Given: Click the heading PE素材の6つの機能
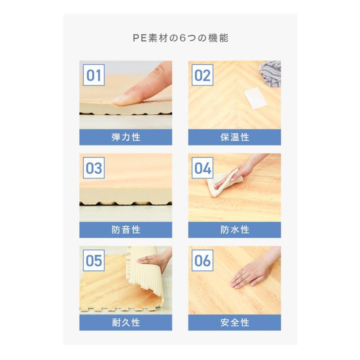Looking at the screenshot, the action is (x=180, y=38).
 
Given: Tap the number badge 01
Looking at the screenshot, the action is (x=94, y=75).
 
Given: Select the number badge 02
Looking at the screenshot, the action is (x=202, y=75).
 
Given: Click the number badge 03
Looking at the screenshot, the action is (x=94, y=168).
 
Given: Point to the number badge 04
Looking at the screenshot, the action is (x=202, y=168).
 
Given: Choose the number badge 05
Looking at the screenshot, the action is (x=94, y=260).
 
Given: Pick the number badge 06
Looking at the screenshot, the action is (x=202, y=260).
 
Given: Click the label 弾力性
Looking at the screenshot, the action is (x=126, y=137).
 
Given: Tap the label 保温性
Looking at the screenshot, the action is (x=235, y=137).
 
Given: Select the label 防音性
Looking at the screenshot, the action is (x=126, y=230).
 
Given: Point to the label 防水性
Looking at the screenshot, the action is (x=235, y=230).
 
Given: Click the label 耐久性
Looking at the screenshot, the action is (x=126, y=322).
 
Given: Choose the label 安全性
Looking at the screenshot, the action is (x=235, y=322).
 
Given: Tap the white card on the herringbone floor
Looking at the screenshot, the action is (x=255, y=98).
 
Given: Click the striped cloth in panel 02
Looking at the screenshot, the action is (x=271, y=73).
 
